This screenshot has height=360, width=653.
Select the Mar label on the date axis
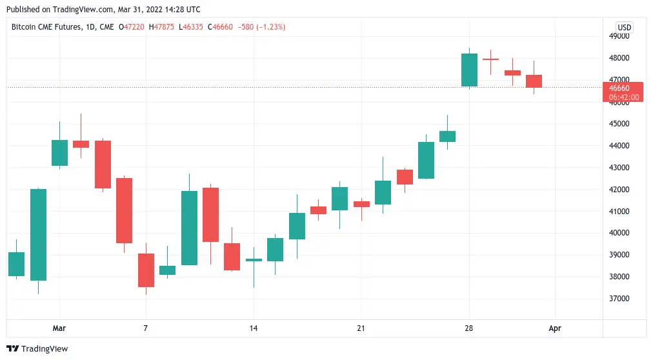click(59, 328)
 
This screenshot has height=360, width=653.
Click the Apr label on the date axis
click(555, 328)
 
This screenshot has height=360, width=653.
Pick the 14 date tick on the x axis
click(254, 328)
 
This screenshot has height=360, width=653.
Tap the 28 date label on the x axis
click(469, 328)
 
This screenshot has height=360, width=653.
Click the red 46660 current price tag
click(623, 88)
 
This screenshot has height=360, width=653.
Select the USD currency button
click(624, 27)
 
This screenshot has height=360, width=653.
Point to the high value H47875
click(161, 27)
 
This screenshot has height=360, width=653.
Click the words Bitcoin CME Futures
click(45, 27)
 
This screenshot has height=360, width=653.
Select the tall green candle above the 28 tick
click(469, 70)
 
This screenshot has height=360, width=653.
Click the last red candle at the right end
click(534, 81)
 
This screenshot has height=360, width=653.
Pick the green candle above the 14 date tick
click(254, 260)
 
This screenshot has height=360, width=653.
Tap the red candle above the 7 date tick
click(146, 270)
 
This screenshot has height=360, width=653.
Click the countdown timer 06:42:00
click(623, 97)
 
